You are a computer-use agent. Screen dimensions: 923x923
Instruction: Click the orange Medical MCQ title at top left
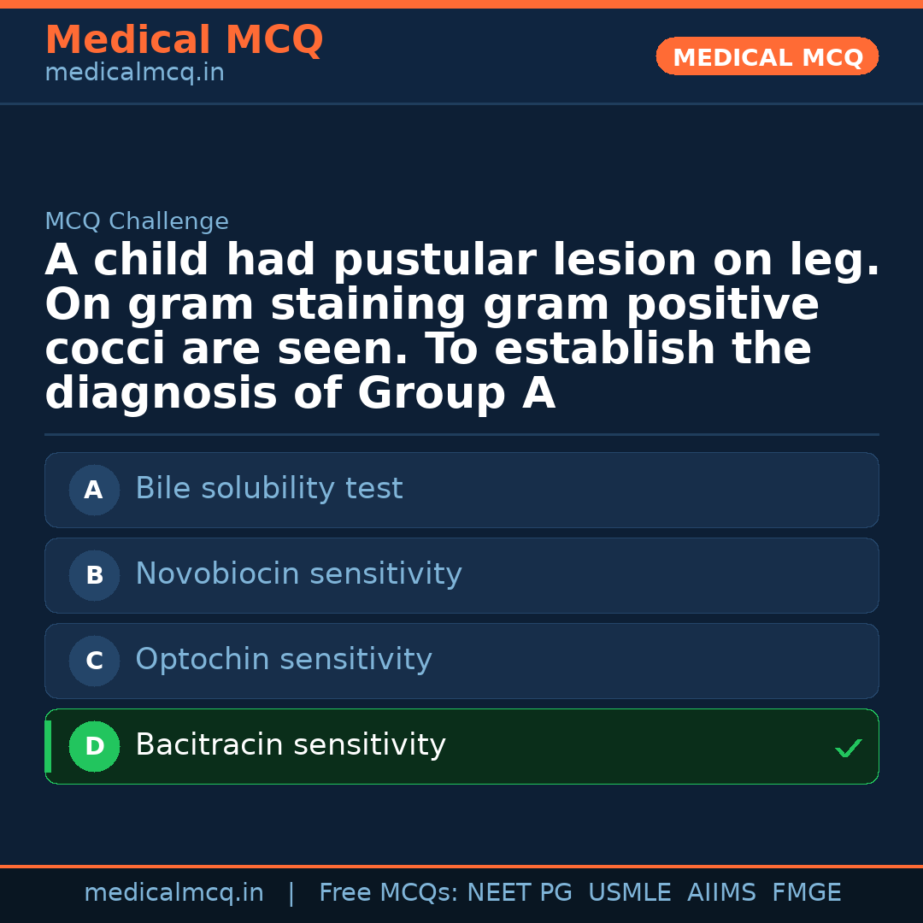click(x=184, y=40)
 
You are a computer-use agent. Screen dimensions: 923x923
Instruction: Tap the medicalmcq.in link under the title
click(x=134, y=73)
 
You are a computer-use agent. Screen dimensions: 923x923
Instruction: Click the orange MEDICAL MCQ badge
click(x=767, y=57)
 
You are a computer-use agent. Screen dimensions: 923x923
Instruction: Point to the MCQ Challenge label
click(x=137, y=222)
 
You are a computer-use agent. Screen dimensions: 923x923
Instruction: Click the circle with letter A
click(x=94, y=491)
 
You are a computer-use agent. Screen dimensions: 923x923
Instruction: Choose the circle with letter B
click(x=94, y=576)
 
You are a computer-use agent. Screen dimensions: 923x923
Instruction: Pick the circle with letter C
click(x=94, y=661)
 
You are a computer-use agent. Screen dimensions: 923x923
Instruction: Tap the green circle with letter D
click(x=94, y=747)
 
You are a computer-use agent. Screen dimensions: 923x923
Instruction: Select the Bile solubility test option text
click(x=268, y=489)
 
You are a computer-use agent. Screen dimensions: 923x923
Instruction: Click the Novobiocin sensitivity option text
click(x=298, y=574)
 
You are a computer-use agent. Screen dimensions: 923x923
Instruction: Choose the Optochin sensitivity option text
click(x=284, y=660)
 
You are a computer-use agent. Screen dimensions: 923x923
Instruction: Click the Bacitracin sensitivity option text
click(x=291, y=745)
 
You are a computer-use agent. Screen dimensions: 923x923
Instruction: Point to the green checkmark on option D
click(x=849, y=749)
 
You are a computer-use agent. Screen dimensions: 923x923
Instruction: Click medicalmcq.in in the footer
click(x=173, y=893)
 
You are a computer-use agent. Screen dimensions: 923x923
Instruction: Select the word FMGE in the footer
click(x=807, y=893)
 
